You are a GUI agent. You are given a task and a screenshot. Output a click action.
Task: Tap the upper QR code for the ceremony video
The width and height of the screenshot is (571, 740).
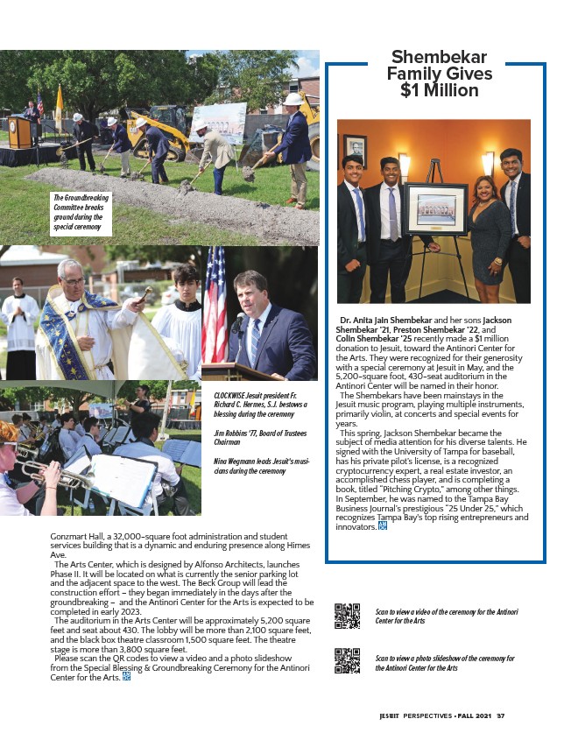[x=347, y=617]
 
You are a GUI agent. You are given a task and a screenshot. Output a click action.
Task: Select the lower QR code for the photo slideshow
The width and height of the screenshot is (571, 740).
[x=347, y=660]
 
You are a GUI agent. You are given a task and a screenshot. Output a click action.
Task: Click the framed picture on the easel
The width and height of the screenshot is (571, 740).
[x=434, y=209]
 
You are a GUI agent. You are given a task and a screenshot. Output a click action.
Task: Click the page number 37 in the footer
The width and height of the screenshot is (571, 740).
[x=501, y=715]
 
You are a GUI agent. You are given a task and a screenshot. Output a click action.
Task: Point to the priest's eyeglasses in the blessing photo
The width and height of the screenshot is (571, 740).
[x=72, y=281]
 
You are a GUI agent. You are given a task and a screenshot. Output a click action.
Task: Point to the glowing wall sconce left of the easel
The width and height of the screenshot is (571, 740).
[x=405, y=163]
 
